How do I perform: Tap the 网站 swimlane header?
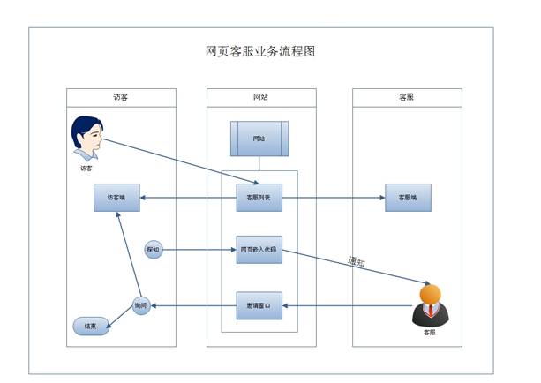point(259,97)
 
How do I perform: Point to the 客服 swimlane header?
point(406,97)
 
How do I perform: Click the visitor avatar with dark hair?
point(86,139)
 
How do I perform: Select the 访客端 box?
point(116,198)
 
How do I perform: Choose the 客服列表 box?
point(259,198)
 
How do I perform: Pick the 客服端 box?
point(408,198)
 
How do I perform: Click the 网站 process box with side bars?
point(259,139)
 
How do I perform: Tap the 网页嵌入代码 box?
point(259,250)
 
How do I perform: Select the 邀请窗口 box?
point(259,305)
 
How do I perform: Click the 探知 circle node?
point(153,250)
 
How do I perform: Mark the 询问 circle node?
point(140,305)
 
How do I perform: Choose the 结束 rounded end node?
point(90,326)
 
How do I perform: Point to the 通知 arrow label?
point(356,262)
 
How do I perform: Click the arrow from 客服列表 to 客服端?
point(333,198)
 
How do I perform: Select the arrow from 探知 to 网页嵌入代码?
point(199,250)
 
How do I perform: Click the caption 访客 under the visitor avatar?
point(86,167)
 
